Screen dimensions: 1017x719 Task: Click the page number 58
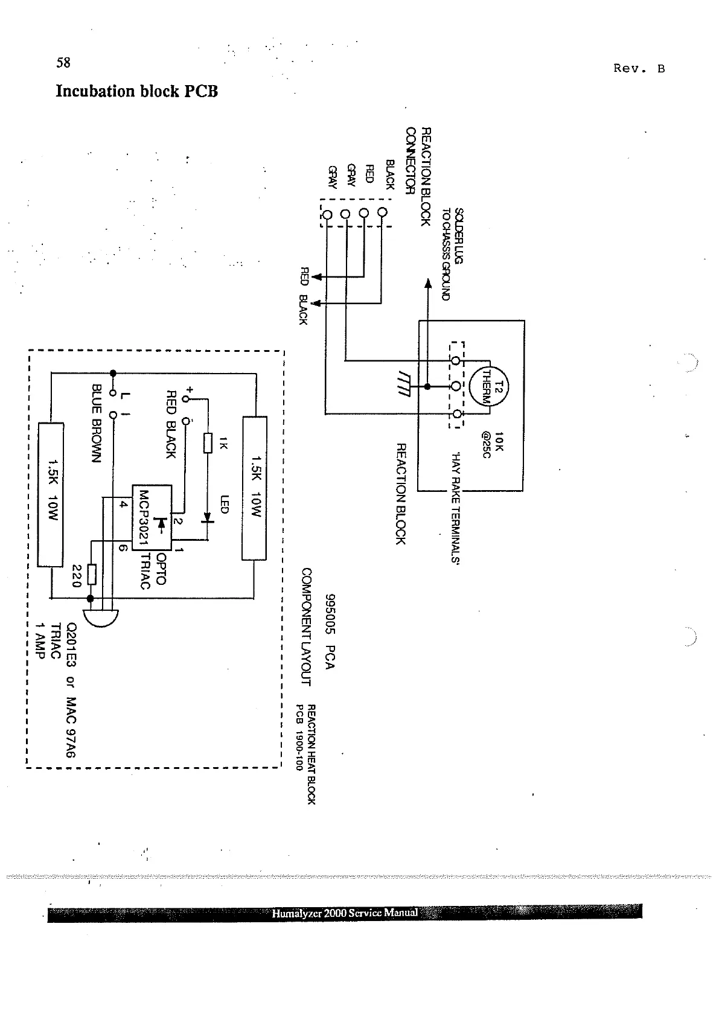click(x=63, y=63)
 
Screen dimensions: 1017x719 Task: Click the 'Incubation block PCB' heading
click(x=136, y=92)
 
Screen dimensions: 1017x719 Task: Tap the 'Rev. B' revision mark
click(x=639, y=68)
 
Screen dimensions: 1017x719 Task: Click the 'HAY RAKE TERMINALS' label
click(x=456, y=508)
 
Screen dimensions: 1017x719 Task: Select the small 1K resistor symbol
click(x=208, y=442)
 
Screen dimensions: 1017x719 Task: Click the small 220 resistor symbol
click(x=91, y=574)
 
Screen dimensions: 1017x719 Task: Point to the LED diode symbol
click(x=208, y=517)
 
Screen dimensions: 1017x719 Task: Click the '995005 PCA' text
click(x=330, y=631)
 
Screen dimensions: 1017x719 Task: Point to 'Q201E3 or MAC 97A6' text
click(x=72, y=689)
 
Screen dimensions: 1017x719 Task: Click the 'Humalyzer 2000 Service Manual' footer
click(x=345, y=913)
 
